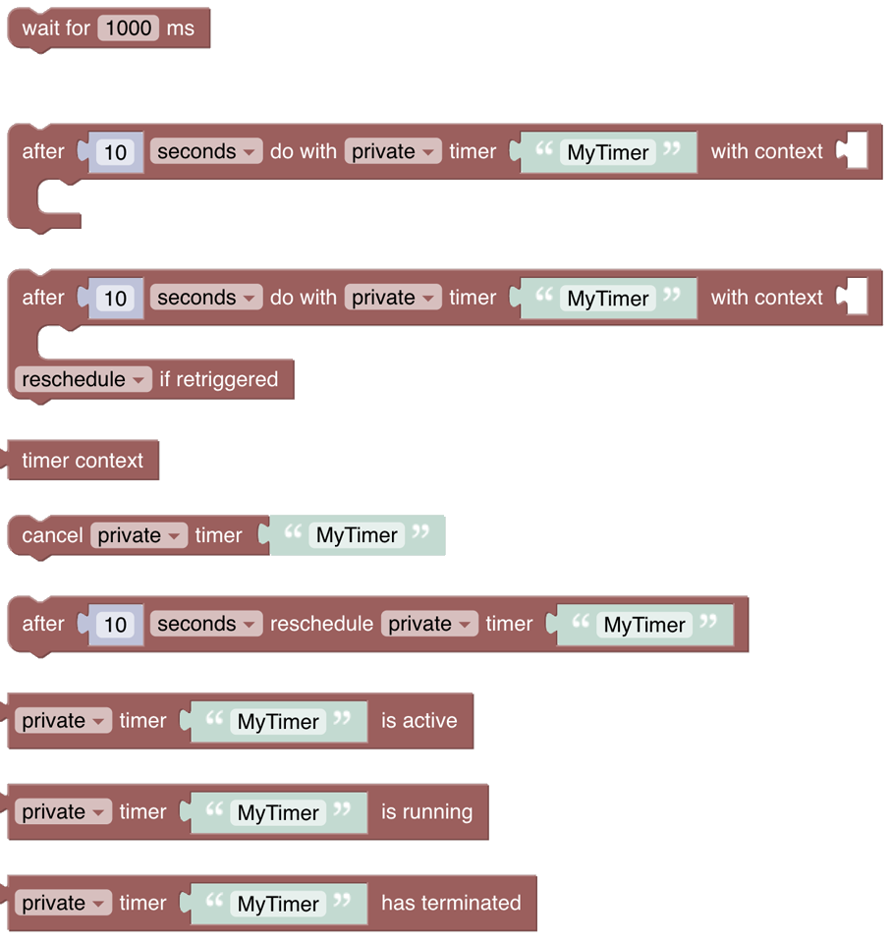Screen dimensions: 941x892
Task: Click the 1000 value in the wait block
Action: pos(129,28)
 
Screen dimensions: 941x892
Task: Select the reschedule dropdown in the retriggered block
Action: pos(84,380)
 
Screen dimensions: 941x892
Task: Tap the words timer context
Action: pos(83,461)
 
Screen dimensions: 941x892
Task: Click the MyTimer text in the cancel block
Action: pos(357,535)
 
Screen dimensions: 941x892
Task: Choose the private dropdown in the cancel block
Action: pos(138,535)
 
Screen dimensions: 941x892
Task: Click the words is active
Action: pos(419,721)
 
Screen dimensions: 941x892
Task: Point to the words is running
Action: pos(426,812)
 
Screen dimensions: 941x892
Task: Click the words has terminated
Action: pos(451,904)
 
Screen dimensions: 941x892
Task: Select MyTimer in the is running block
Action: pos(278,813)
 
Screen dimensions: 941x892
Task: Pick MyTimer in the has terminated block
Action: pos(278,905)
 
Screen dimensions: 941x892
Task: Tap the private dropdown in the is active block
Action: pos(63,721)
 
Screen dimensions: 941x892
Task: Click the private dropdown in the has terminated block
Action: pos(63,904)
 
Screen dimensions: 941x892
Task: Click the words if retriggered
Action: pos(218,380)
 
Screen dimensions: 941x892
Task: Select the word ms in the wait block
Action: pos(181,28)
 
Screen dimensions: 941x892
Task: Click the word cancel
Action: pos(52,535)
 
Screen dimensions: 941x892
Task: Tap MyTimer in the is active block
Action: pos(278,722)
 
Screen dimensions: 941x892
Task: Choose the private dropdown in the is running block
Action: pos(63,812)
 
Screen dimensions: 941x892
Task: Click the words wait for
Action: pos(56,28)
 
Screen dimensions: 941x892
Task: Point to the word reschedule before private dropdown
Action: pos(321,624)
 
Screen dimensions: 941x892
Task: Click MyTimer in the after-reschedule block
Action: pos(644,625)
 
